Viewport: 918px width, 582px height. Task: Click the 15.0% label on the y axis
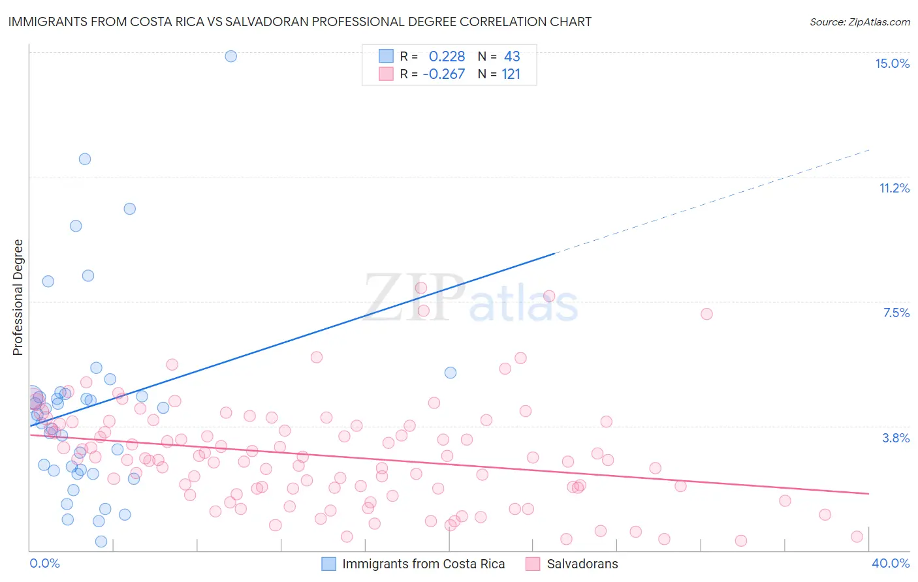click(892, 63)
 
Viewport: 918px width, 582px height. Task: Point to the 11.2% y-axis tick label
click(894, 188)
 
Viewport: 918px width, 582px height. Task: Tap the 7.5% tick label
click(896, 313)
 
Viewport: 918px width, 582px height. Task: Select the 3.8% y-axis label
click(896, 438)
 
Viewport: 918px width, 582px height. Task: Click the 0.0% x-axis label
click(44, 563)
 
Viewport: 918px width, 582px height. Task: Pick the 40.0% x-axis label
click(891, 563)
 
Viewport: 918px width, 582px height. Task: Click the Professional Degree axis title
click(18, 298)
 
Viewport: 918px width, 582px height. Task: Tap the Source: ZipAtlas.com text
click(859, 22)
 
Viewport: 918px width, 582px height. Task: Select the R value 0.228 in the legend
click(447, 57)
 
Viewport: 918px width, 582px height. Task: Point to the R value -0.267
click(444, 74)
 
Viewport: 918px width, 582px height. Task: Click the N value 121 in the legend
click(511, 74)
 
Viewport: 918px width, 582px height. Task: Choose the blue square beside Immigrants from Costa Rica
click(329, 564)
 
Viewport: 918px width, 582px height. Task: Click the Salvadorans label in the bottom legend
click(582, 564)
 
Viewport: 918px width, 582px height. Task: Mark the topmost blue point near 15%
click(230, 56)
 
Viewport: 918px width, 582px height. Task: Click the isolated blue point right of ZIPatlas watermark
click(451, 373)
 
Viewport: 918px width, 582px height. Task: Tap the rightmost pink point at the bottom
click(857, 536)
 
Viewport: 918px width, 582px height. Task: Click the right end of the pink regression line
click(869, 493)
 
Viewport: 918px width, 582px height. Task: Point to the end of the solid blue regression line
click(554, 253)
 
